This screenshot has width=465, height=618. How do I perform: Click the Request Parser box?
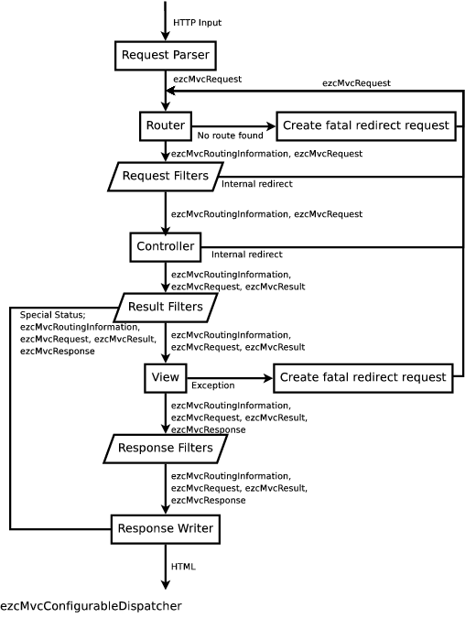coord(166,55)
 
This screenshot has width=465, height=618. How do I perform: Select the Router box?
coord(166,125)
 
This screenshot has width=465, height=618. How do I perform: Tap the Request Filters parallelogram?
coord(166,176)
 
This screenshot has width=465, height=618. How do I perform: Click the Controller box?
coord(166,246)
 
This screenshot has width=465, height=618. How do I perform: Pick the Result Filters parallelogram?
coord(166,307)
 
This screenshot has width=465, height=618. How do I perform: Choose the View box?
coord(166,377)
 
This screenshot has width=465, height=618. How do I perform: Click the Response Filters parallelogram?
coord(166,448)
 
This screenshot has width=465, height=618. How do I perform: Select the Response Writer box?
coord(166,529)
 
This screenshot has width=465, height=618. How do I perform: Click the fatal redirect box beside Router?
coord(366,125)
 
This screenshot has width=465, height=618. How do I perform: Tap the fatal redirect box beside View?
coord(362,377)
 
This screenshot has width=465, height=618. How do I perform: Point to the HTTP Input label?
coord(198,23)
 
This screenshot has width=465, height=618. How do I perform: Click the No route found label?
coord(230,136)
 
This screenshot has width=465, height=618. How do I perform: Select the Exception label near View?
coord(212,385)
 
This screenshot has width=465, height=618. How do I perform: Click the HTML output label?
coord(183,567)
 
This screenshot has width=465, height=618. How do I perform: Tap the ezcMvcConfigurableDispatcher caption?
coord(91,606)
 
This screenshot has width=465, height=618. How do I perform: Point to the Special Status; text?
coord(53,315)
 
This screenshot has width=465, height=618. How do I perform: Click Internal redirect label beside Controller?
coord(246,255)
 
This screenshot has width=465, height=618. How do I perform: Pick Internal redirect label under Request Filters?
coord(257,184)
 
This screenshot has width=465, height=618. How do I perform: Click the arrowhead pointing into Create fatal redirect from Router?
coord(272,126)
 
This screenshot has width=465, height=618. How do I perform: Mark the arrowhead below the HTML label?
coord(166,585)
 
